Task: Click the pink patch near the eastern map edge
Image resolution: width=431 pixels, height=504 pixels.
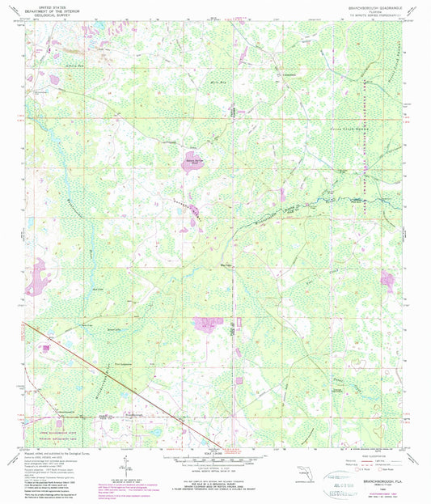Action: (387, 280)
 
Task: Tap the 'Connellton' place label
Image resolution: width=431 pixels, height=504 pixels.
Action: (289, 75)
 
